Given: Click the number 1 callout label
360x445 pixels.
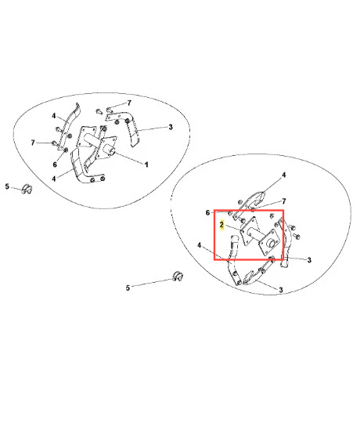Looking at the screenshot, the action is click(146, 165).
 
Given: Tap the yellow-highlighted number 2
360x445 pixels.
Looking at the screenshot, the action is click(221, 225).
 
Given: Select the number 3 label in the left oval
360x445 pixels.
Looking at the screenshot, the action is click(171, 127).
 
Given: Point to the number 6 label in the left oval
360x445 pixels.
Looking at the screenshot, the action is click(55, 165).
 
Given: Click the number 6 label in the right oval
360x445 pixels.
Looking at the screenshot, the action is click(207, 212).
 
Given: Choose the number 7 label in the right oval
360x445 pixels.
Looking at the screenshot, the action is click(284, 201).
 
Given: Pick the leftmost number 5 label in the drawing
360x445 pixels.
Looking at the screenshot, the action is click(7, 186).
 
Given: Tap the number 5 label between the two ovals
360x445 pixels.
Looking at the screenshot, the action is click(128, 288).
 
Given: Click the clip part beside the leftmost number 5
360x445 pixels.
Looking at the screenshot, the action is click(27, 189).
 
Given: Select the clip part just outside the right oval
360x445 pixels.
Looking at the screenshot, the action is click(178, 277).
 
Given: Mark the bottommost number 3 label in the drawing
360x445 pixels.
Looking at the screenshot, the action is click(281, 290).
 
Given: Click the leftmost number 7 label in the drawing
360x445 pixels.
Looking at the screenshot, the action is click(33, 143).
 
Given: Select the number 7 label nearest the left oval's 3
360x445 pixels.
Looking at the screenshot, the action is click(129, 103).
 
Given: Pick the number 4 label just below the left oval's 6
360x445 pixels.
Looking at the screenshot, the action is click(53, 179).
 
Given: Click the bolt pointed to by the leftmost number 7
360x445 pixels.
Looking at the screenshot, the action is click(54, 143).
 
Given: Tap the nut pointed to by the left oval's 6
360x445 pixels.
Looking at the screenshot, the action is click(65, 150).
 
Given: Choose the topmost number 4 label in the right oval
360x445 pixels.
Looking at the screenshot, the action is click(284, 175).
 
